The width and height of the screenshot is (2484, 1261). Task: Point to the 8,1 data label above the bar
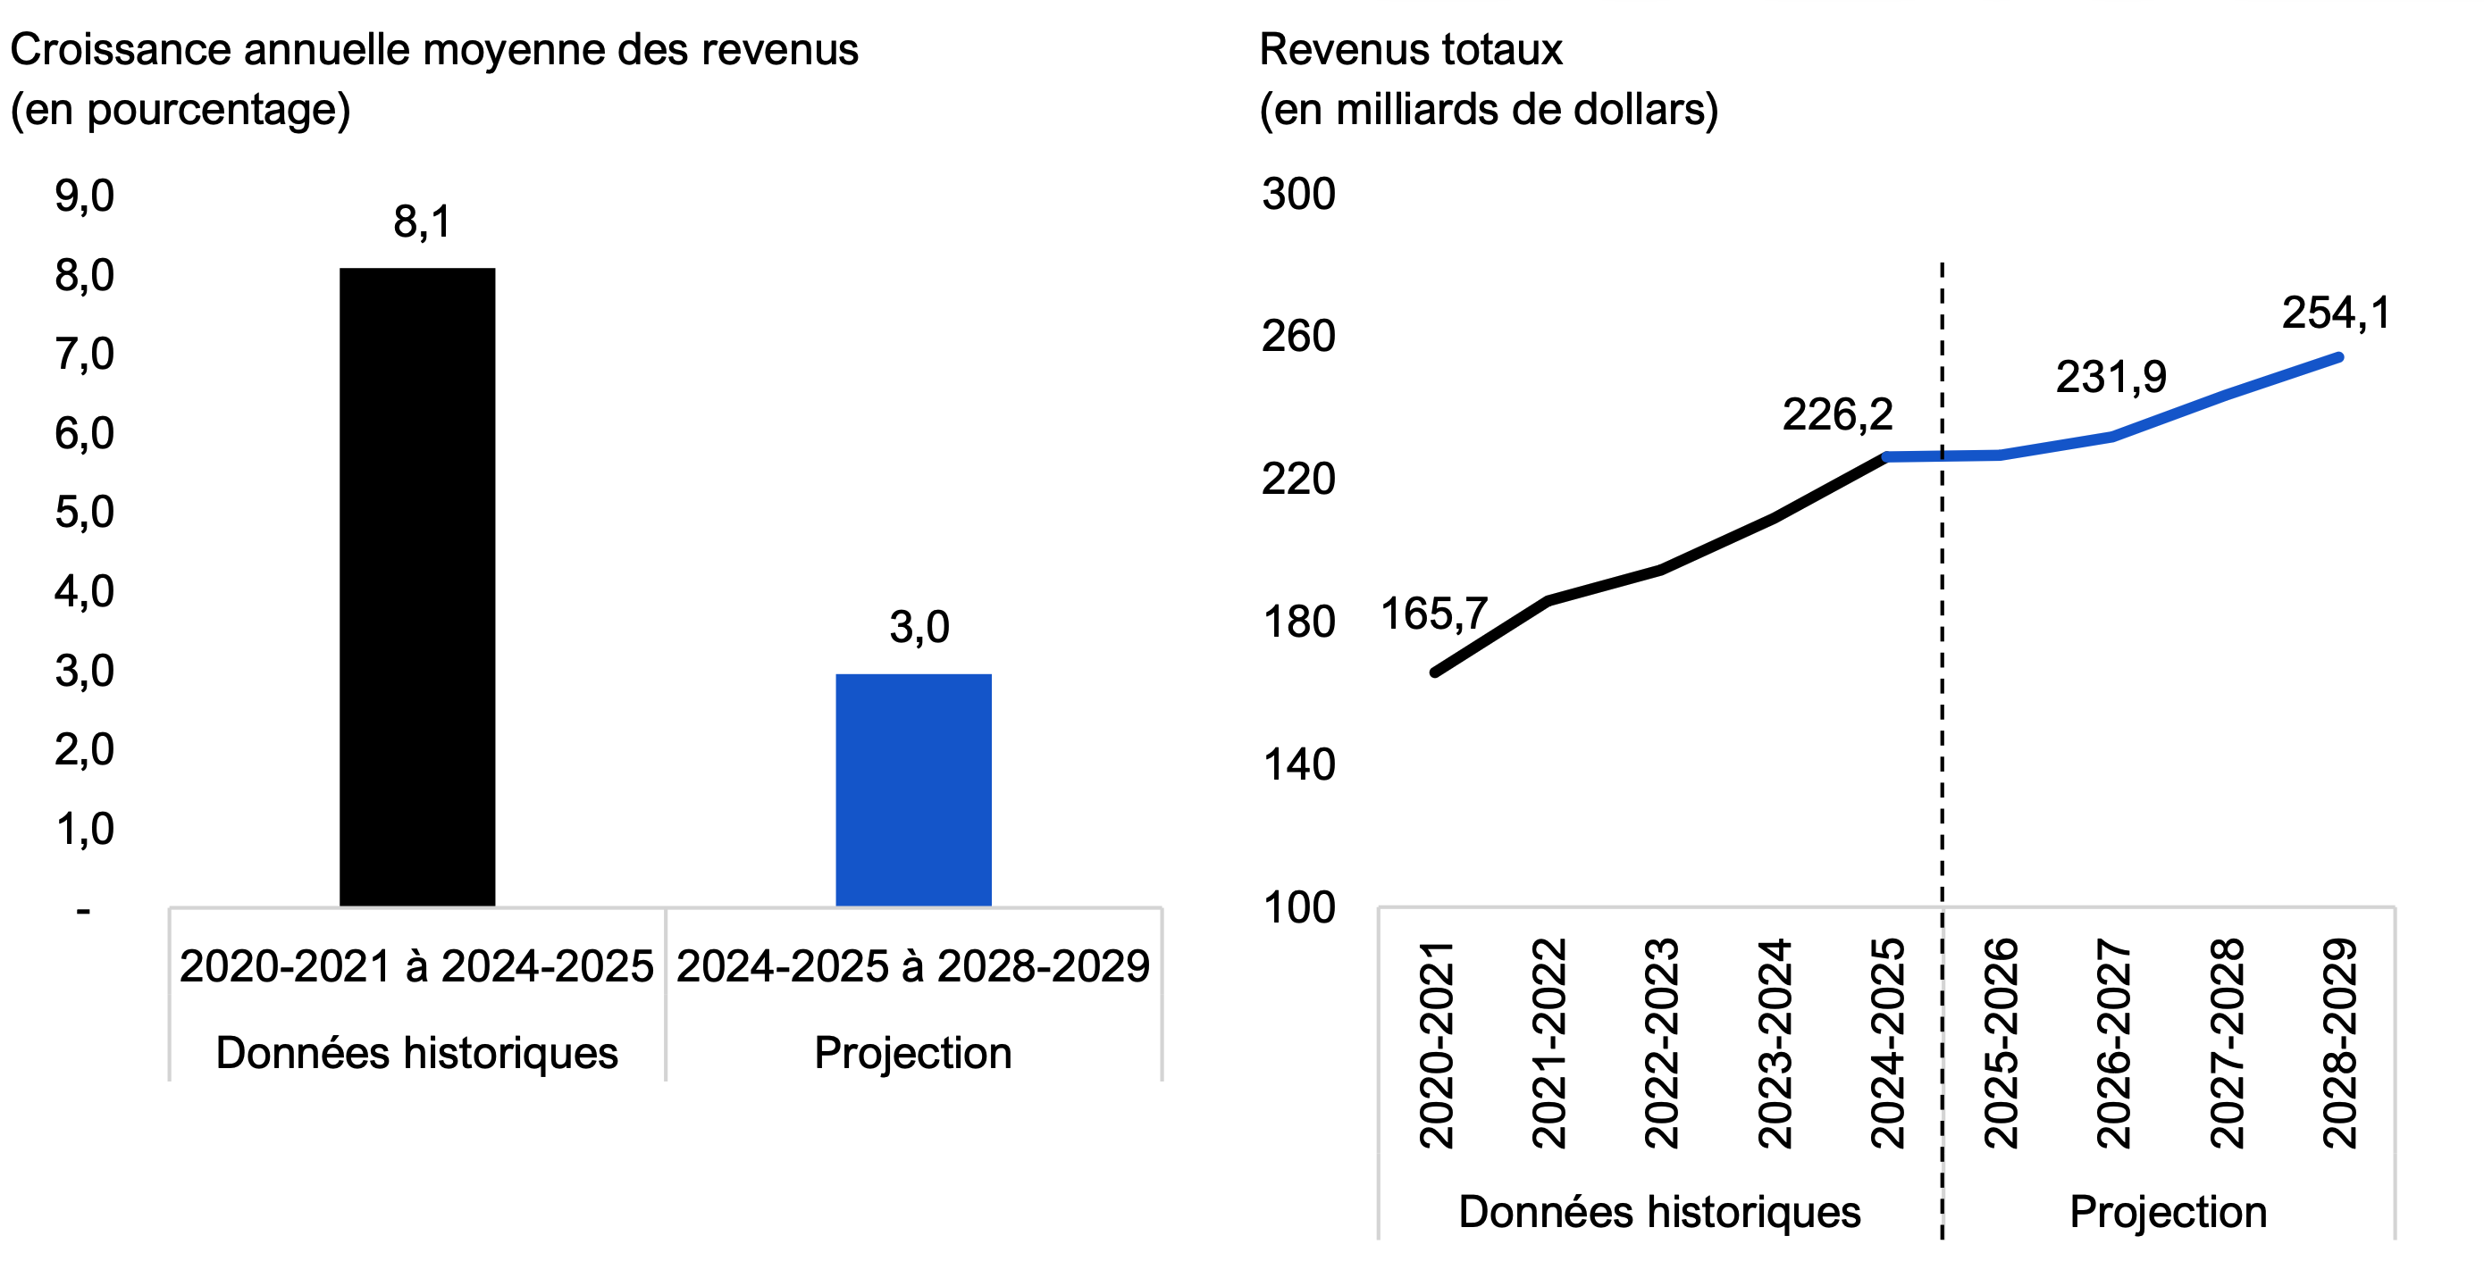click(422, 221)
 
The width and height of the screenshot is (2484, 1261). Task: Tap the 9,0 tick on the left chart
click(84, 196)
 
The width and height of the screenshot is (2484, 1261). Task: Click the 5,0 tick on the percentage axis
click(84, 512)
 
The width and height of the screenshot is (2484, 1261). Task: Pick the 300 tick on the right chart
click(1298, 194)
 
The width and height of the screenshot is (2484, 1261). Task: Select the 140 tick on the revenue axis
click(1298, 764)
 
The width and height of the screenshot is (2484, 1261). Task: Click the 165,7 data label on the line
click(1433, 614)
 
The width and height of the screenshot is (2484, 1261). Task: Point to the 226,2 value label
click(1837, 414)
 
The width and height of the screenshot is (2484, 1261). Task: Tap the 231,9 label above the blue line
click(2110, 377)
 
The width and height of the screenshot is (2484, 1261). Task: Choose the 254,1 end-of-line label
click(2336, 313)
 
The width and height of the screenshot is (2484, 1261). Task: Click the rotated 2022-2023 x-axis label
click(1661, 1043)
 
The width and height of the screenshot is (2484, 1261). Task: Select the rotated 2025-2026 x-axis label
click(2000, 1043)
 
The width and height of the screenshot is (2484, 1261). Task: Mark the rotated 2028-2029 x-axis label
click(2339, 1043)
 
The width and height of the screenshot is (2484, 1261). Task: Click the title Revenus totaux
click(1410, 50)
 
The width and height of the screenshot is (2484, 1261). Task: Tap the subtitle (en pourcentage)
click(180, 109)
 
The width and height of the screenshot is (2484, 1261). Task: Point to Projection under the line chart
click(2168, 1212)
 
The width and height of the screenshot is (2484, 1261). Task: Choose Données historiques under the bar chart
click(416, 1053)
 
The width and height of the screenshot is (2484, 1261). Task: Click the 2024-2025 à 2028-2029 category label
click(912, 966)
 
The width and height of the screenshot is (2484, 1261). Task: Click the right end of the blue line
click(2338, 357)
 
